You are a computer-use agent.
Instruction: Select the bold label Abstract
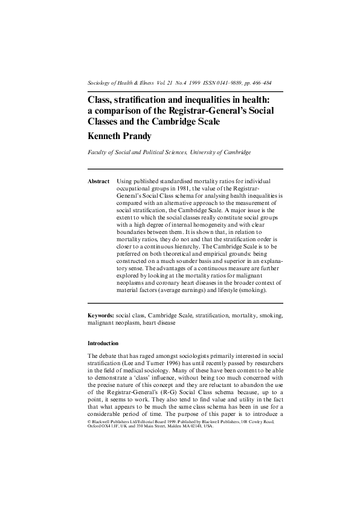[x=98, y=181]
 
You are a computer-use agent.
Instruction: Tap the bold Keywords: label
[x=101, y=315]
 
